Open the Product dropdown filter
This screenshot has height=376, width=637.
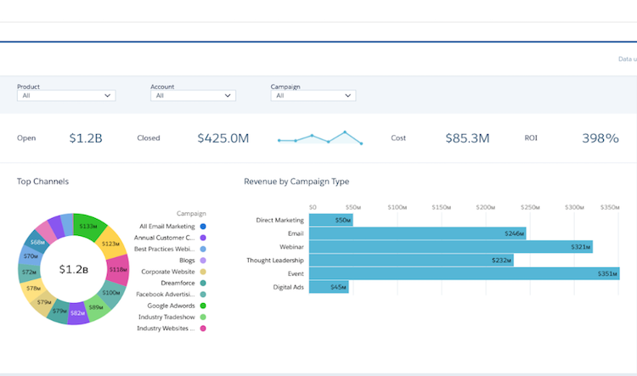(66, 96)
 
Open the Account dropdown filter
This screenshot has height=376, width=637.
(193, 96)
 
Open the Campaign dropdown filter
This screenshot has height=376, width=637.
(313, 96)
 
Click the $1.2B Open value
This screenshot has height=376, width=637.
(86, 137)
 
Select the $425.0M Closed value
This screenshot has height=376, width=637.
(223, 137)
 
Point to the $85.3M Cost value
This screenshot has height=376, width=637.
(467, 137)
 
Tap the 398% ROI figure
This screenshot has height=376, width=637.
(600, 137)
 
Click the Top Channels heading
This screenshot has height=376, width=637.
(42, 182)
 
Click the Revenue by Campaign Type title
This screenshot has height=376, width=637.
(296, 182)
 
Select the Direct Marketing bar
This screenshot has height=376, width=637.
(330, 220)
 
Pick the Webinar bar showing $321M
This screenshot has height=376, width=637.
(450, 247)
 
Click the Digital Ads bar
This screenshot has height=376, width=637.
(329, 287)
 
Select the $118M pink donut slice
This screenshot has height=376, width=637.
(117, 269)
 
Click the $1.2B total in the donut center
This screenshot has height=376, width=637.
(74, 269)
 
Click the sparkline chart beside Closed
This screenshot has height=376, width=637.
(320, 137)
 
